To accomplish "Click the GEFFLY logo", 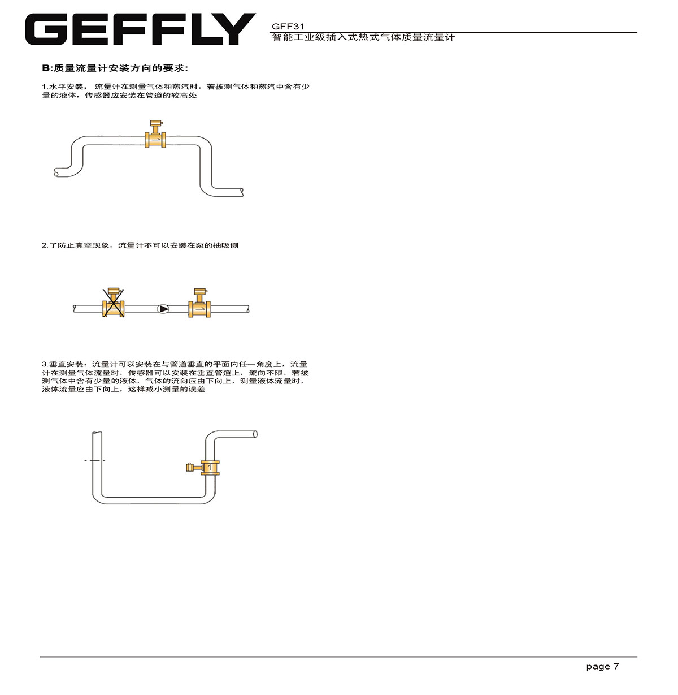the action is tap(140, 29).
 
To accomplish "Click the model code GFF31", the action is tap(288, 27).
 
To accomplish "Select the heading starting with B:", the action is tap(115, 68).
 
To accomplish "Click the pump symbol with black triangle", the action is tap(163, 309).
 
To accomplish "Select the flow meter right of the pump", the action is tap(199, 303).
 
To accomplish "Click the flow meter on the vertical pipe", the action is tap(203, 468).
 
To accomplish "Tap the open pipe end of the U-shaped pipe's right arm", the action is tap(255, 434).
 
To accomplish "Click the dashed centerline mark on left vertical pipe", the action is tap(95, 461).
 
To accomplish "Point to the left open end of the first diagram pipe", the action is tap(56, 173).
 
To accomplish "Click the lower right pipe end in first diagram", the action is tap(242, 192).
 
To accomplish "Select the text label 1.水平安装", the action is tap(63, 87).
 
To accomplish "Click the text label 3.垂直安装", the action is tap(63, 364).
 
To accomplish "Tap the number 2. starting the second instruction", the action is tap(45, 245).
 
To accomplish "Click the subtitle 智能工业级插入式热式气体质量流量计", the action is tap(363, 37).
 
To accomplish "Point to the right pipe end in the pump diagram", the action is tap(248, 309).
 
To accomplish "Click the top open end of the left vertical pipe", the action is tap(97, 433).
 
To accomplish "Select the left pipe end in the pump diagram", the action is tap(75, 309).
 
